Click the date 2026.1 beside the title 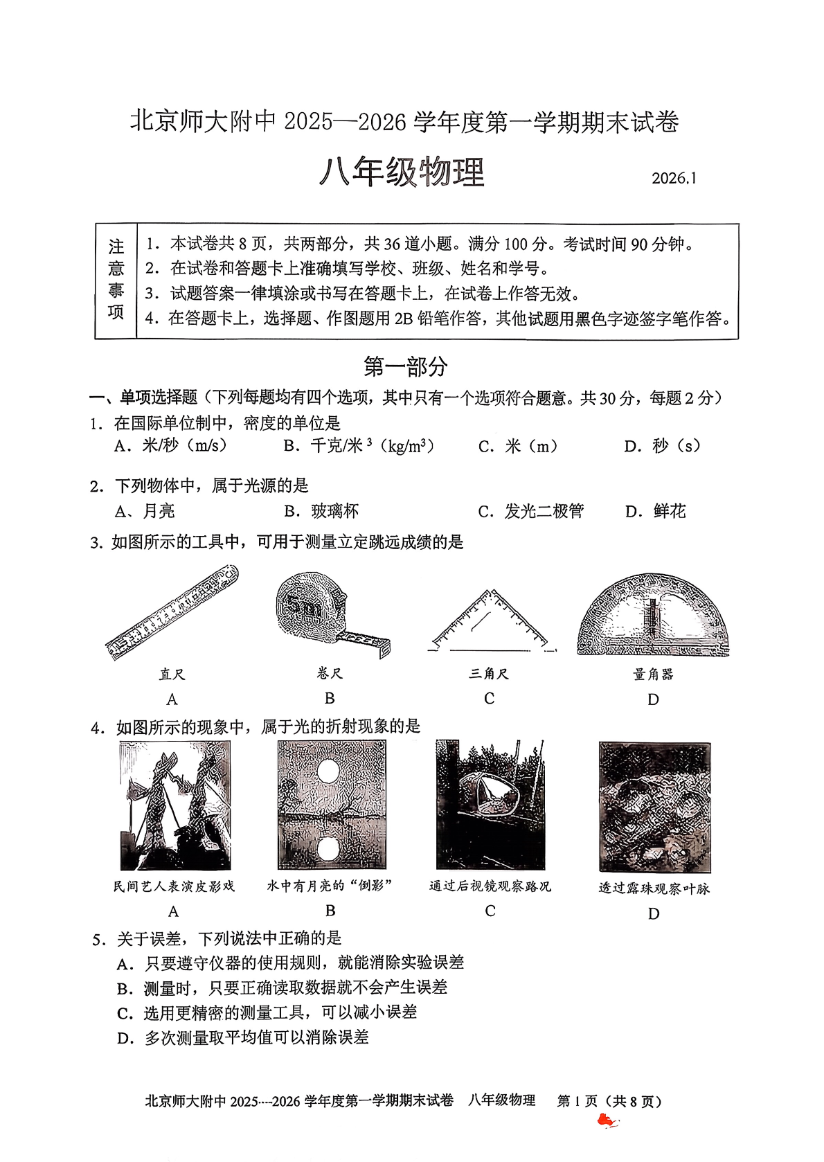674,178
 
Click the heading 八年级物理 402,172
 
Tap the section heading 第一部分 406,366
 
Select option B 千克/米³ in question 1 359,446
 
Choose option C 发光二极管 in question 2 531,511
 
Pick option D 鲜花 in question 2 655,511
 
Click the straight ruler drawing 172,611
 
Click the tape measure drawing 325,613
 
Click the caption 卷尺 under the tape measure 330,673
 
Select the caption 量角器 653,674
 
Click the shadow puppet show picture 175,805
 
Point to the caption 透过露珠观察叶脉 654,888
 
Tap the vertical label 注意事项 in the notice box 116,280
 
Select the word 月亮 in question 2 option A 159,511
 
